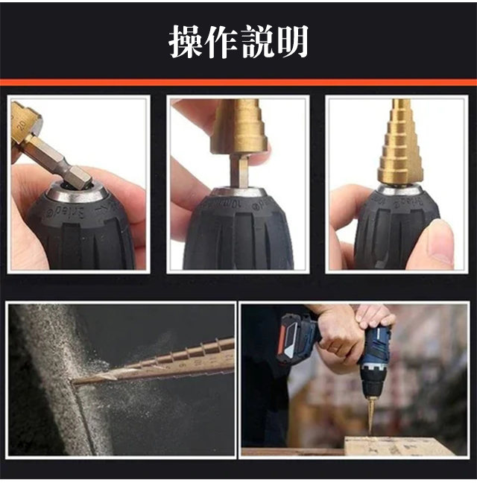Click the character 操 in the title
[186, 41]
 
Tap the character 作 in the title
[221, 41]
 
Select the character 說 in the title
[257, 41]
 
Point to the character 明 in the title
[292, 41]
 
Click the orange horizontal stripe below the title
[238, 83]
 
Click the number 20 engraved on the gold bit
[22, 124]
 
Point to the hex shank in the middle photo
[239, 171]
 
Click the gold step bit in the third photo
[398, 142]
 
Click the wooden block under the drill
[399, 446]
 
